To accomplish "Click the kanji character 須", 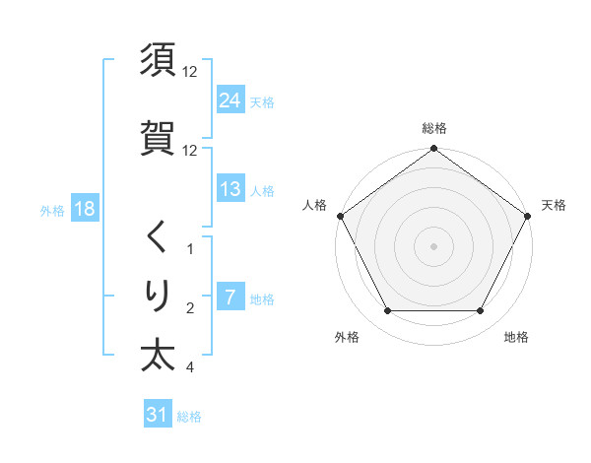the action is coord(158,61).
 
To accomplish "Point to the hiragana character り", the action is coord(158,295).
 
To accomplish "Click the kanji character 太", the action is coord(158,355).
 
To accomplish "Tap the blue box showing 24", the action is coord(230,100).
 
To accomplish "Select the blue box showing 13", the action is coord(230,189).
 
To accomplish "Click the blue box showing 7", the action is coord(230,298).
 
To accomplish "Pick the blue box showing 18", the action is coord(84,210).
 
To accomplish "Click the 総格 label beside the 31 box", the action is coord(189,417).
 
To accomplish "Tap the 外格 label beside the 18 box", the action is coord(52,211).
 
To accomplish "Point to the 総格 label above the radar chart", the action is coord(434,128).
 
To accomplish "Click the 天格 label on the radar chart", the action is coord(554,205).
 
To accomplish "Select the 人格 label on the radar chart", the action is coord(314,205).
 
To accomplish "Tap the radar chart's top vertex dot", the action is coord(434,150).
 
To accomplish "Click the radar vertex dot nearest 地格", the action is coord(481,311).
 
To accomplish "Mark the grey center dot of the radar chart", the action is coord(434,246).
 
